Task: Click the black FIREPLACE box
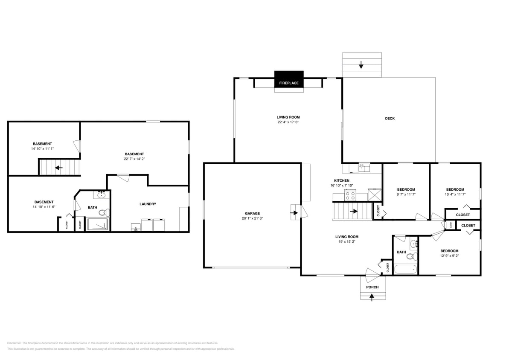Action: [x=289, y=81]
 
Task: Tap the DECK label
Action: [x=390, y=119]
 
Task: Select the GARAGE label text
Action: [x=252, y=214]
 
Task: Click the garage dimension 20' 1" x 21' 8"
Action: [x=252, y=218]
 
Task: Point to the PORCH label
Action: [x=372, y=287]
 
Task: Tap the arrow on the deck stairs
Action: [x=361, y=65]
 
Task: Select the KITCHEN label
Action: [x=342, y=180]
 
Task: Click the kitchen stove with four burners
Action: [x=350, y=196]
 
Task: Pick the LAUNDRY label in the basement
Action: [x=148, y=204]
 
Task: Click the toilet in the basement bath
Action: [x=104, y=212]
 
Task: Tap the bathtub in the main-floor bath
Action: [x=405, y=269]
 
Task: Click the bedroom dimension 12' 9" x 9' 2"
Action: [x=449, y=256]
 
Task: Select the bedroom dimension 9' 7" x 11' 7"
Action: [x=406, y=195]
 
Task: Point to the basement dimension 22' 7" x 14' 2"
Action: [x=134, y=159]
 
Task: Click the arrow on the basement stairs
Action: [x=58, y=168]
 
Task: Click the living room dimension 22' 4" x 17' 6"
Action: [x=288, y=122]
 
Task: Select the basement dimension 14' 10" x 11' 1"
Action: [x=42, y=149]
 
